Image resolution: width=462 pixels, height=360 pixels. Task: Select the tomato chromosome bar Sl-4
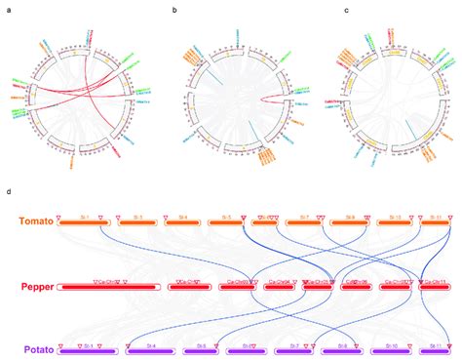click(182, 221)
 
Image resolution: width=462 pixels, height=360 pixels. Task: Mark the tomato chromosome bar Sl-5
click(226, 221)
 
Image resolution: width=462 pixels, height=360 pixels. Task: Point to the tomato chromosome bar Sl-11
click(437, 221)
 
